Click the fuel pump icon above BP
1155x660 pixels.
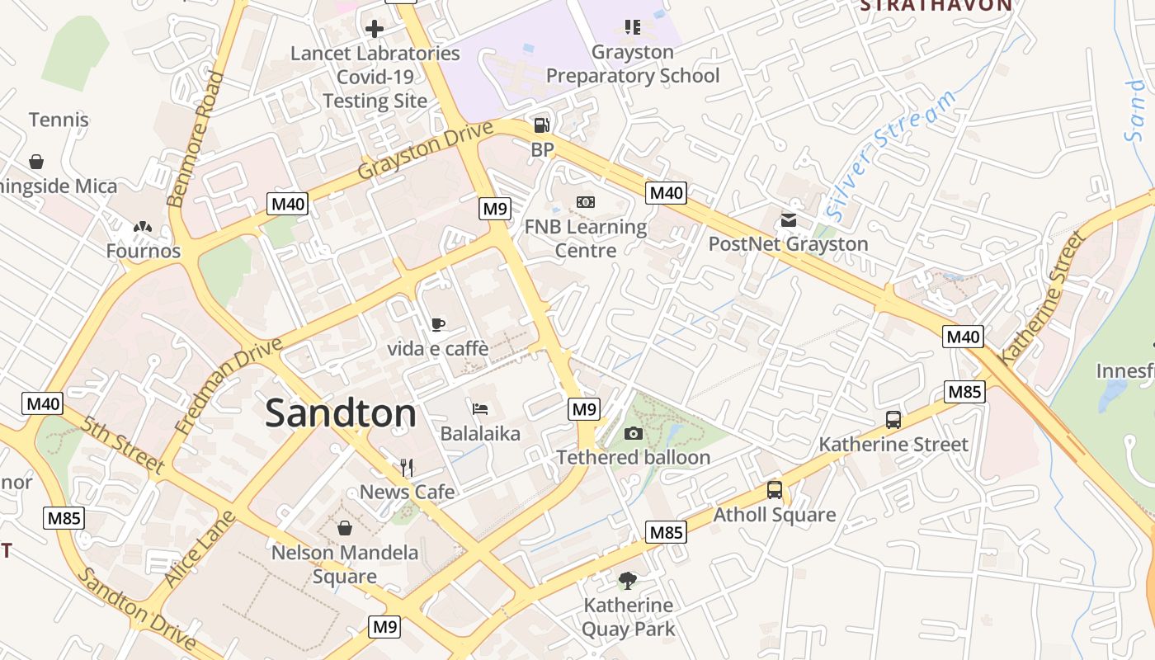[x=541, y=125]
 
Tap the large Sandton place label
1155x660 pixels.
[x=341, y=413]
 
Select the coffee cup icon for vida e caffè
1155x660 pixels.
[x=438, y=324]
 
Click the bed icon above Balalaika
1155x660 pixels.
[x=480, y=408]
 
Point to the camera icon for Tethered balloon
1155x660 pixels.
[x=633, y=433]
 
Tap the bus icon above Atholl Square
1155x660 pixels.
[x=774, y=490]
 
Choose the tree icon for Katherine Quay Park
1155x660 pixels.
[x=628, y=580]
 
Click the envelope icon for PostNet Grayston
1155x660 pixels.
[x=789, y=219]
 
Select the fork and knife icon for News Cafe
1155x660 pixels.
[x=406, y=468]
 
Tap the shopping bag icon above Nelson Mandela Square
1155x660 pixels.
[x=345, y=527]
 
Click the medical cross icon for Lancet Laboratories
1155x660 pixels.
[x=375, y=29]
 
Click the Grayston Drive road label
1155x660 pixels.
[x=425, y=150]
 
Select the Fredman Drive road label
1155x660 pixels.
[x=229, y=385]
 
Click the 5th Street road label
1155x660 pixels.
[x=124, y=445]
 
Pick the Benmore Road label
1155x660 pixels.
[x=196, y=139]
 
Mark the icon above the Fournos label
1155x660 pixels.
[x=143, y=226]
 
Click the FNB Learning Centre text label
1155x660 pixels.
[x=586, y=238]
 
